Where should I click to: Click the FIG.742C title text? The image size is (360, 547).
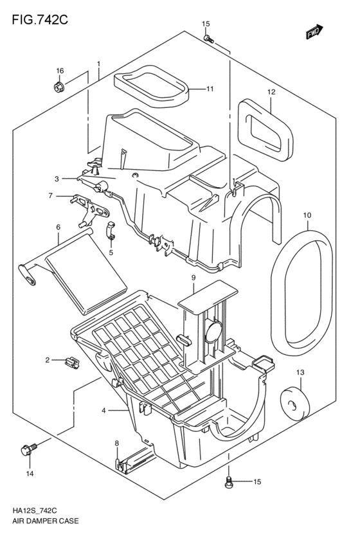pos(40,20)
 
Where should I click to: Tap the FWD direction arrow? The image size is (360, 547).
pos(314,31)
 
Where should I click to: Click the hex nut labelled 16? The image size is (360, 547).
pos(59,86)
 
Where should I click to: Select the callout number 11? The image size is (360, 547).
pos(210,89)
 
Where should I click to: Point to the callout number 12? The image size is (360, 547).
pos(271,92)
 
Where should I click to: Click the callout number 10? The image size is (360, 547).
pos(307,215)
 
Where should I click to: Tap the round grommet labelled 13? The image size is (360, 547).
pos(295,402)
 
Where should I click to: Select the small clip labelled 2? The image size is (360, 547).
pos(72,363)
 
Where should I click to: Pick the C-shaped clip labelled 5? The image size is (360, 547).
pos(111,231)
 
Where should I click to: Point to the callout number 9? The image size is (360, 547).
pos(194,278)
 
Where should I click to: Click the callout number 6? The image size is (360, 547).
pos(59,227)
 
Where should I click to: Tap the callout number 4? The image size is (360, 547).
pos(104,411)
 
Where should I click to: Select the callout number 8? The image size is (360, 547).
pos(116,443)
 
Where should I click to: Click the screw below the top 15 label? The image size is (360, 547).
pos(208,39)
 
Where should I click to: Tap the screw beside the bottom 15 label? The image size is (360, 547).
pos(229,482)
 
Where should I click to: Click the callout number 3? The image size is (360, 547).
pos(57,179)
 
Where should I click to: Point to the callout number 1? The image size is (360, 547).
pos(99,64)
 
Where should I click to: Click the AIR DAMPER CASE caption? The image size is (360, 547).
pos(46,521)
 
